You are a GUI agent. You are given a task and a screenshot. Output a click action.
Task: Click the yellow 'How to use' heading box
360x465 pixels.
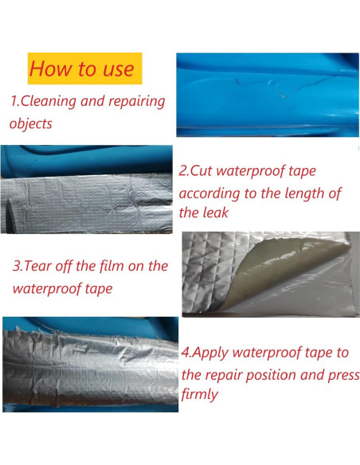click(x=84, y=68)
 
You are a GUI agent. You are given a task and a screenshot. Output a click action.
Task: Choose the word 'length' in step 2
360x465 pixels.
click(x=292, y=192)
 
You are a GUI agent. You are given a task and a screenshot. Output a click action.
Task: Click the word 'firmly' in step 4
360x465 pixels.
click(x=202, y=394)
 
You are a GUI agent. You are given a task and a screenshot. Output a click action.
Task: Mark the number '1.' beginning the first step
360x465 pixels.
click(x=14, y=102)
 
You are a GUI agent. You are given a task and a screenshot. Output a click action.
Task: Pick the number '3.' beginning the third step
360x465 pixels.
click(x=18, y=265)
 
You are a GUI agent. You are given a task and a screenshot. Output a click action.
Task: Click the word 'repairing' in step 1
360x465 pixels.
click(x=135, y=102)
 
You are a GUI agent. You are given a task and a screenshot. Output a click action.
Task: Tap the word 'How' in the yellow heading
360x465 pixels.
click(x=49, y=68)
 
